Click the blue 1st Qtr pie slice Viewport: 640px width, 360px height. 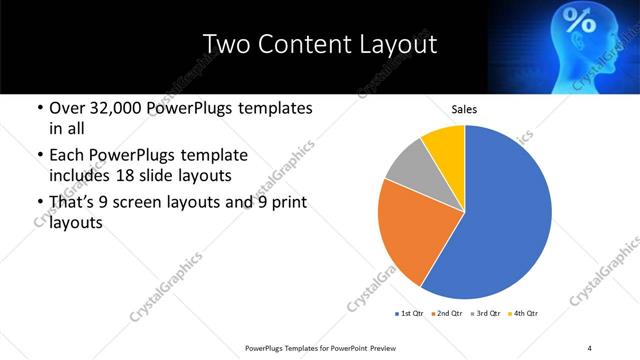click(505, 215)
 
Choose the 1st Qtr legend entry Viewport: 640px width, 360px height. click(410, 314)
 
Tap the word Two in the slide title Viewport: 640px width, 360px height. click(224, 44)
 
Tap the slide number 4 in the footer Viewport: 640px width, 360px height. click(589, 347)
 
